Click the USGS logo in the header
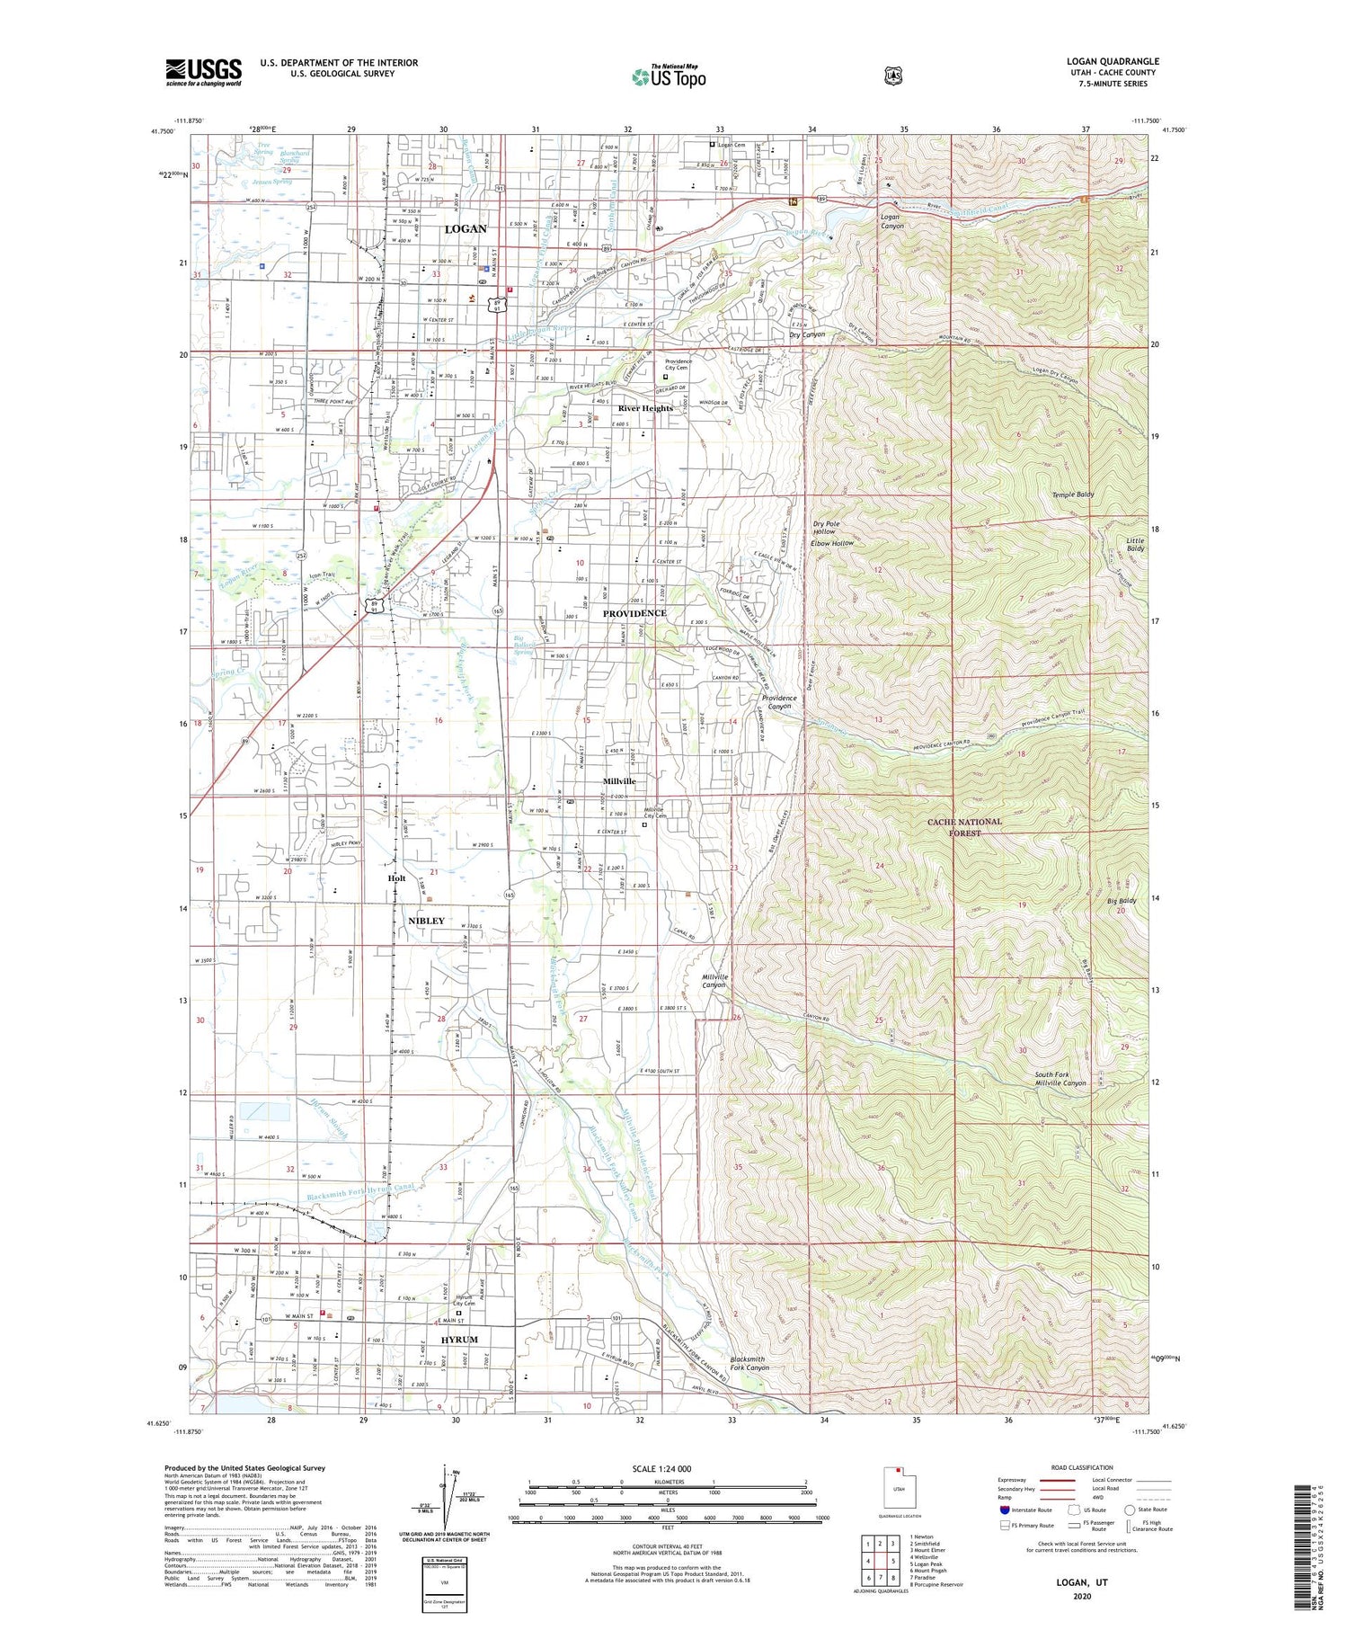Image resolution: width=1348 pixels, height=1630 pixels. [204, 72]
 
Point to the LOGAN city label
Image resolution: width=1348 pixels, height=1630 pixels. [466, 229]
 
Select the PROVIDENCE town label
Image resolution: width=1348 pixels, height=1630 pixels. [634, 613]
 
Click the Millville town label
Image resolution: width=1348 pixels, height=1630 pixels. [619, 781]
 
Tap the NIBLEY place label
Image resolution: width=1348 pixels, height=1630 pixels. [426, 921]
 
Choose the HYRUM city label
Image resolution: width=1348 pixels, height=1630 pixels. [459, 1340]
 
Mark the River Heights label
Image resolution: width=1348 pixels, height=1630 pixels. [644, 408]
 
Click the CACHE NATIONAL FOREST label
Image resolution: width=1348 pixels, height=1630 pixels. [965, 827]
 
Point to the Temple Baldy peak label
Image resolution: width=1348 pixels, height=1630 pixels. [1073, 495]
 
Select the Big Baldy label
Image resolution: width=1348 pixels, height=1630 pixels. [1122, 901]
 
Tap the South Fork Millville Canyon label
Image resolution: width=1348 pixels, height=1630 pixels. [1060, 1079]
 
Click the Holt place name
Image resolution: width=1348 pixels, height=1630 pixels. [396, 878]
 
